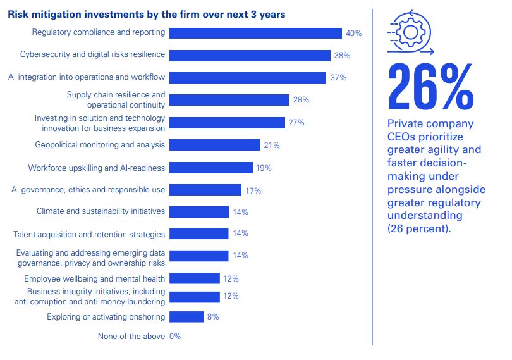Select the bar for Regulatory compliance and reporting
pos(255,33)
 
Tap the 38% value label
pos(342,56)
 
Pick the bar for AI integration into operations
pos(249,78)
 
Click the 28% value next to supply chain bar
pos(300,100)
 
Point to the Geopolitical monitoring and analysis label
pos(100,145)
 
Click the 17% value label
pos(253,190)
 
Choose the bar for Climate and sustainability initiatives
pos(199,212)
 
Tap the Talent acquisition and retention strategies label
pos(89,234)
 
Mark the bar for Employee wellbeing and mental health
pos(195,278)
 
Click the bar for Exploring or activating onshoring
pos(186,316)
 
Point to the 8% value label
pos(213,316)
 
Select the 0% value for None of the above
pos(175,337)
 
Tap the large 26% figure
pos(430,87)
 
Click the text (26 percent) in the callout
pos(420,229)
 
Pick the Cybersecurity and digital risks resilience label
pos(92,54)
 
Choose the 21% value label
pos(272,146)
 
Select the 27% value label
pos(296,123)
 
